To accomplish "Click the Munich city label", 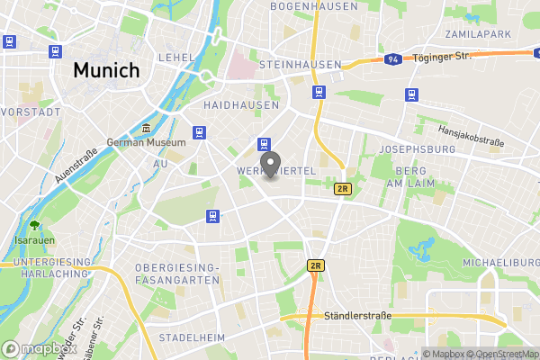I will [x=106, y=69].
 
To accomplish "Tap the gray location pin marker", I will [x=269, y=165].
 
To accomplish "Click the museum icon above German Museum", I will [x=147, y=128].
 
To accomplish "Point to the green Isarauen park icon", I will [x=34, y=225].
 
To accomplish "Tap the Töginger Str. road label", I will [x=444, y=56].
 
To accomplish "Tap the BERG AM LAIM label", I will [x=415, y=176].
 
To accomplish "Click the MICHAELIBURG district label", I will [x=500, y=261].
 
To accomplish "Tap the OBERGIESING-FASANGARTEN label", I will [x=177, y=274].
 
